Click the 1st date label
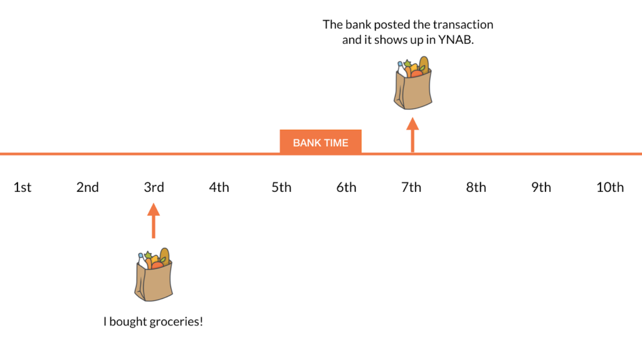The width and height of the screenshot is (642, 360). coord(23,187)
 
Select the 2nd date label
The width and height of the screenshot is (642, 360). coord(88,187)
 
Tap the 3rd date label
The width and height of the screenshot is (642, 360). coord(154,187)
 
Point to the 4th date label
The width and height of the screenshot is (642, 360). coord(219,187)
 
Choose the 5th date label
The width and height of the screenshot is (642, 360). coord(282,187)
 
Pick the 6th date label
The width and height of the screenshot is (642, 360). coord(346,187)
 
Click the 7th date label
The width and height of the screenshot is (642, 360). coord(411,187)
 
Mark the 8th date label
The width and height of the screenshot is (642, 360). coord(476,187)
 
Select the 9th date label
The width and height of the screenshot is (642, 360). coord(541,187)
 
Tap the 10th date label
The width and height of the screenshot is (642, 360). coord(610,187)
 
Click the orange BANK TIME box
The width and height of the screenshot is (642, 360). coord(320,142)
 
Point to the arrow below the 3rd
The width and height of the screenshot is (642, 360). coord(154,221)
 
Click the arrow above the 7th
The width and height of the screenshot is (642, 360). coord(413,135)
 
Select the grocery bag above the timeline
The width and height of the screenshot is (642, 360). coord(413,83)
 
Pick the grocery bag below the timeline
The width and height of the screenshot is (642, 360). coord(154,275)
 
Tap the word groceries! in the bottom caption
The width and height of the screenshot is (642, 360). coord(176,322)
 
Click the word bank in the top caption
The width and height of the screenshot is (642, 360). coord(358,24)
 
